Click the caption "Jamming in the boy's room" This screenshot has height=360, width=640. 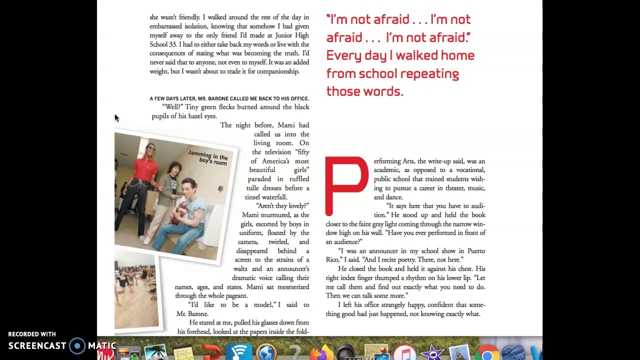click(208, 158)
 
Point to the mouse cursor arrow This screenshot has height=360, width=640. click(116, 118)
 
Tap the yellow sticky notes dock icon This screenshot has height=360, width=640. click(183, 354)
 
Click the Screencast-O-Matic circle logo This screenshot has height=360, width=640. click(77, 346)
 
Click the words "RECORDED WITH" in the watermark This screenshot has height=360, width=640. click(32, 334)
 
